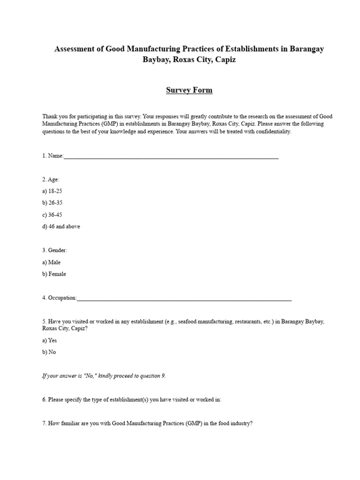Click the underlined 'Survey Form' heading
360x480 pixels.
pyautogui.click(x=189, y=90)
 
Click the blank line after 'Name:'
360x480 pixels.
pyautogui.click(x=171, y=157)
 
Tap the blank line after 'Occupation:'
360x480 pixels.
pyautogui.click(x=184, y=298)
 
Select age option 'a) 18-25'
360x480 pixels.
pyautogui.click(x=52, y=191)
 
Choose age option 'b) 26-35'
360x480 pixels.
pyautogui.click(x=52, y=203)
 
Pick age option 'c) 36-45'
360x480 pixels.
pyautogui.click(x=52, y=215)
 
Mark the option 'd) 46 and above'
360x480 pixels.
pyautogui.click(x=61, y=226)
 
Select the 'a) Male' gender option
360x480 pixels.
pyautogui.click(x=51, y=262)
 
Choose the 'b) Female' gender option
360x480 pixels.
pyautogui.click(x=54, y=274)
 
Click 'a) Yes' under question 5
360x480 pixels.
pyautogui.click(x=49, y=341)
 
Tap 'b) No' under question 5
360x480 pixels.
pyautogui.click(x=49, y=352)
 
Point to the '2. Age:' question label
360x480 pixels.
pyautogui.click(x=51, y=180)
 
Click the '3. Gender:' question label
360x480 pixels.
pyautogui.click(x=54, y=251)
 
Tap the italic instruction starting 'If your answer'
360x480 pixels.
pyautogui.click(x=104, y=376)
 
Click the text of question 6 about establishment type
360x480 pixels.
pyautogui.click(x=132, y=400)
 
